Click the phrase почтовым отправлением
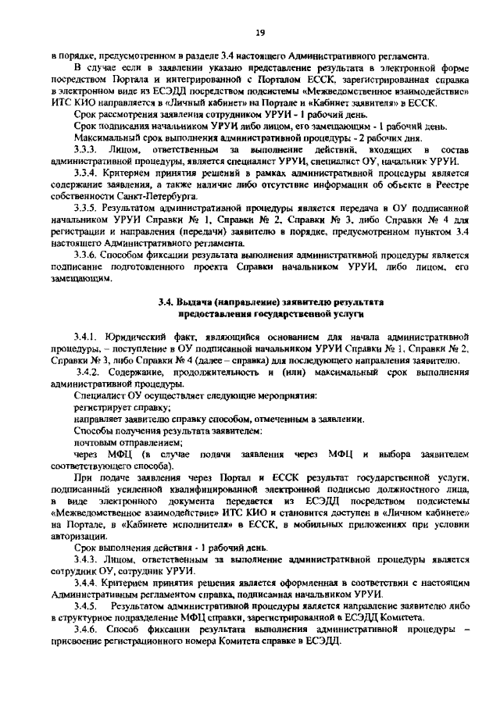(117, 441)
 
